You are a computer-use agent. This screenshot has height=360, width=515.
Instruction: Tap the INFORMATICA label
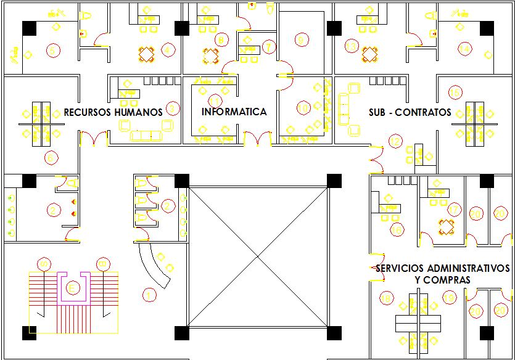tap(234, 112)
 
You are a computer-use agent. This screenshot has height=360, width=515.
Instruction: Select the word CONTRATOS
tap(423, 112)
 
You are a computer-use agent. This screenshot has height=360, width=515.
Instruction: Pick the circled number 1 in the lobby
tap(149, 295)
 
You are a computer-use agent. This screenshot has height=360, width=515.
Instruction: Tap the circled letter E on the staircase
tap(73, 288)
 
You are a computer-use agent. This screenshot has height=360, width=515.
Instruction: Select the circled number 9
tap(301, 41)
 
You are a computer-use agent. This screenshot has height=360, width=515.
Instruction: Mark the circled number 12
tap(395, 141)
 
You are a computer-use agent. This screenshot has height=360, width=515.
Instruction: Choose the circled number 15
tap(455, 92)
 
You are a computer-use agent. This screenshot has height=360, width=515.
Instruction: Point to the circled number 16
tap(397, 230)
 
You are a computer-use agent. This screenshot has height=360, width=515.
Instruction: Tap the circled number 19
tap(449, 298)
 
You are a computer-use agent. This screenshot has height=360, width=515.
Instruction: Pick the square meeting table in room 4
tap(147, 55)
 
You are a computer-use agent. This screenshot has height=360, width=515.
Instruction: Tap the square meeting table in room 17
tap(446, 226)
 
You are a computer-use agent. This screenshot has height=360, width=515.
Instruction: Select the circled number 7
tap(268, 47)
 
